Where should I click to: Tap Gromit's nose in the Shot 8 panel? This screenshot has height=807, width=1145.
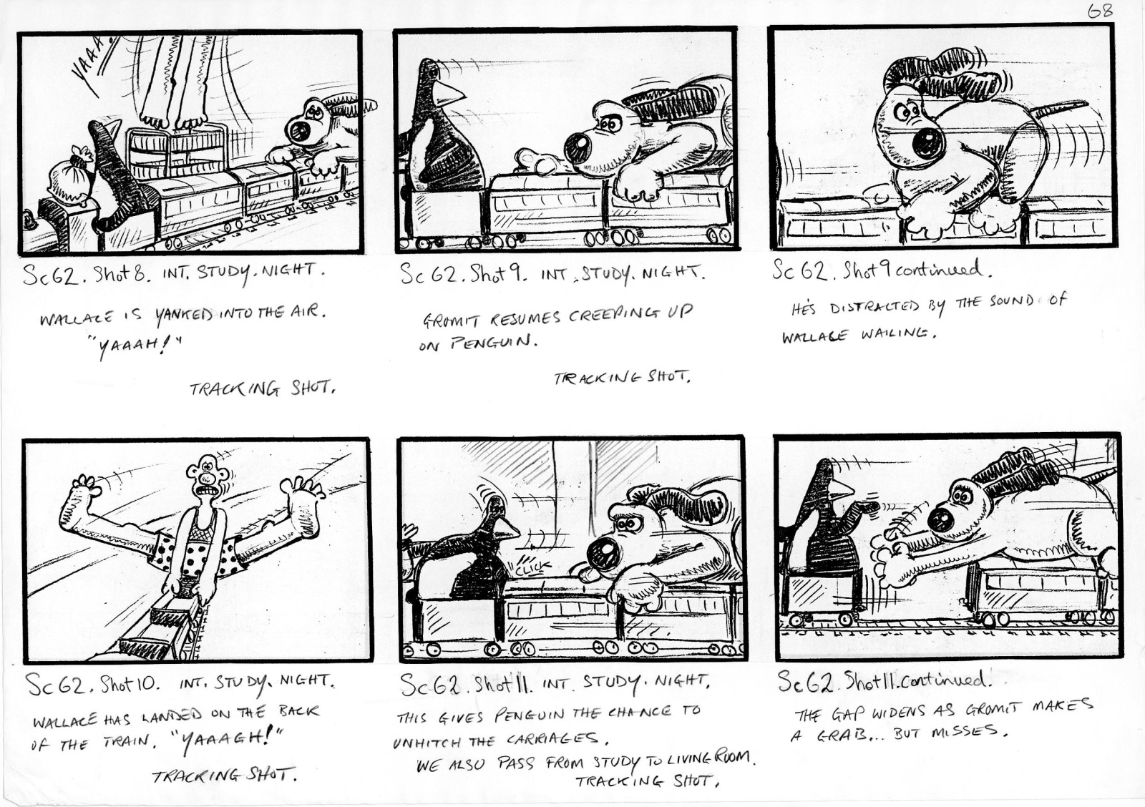coord(298,132)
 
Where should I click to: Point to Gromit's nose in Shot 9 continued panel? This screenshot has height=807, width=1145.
coord(928,143)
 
